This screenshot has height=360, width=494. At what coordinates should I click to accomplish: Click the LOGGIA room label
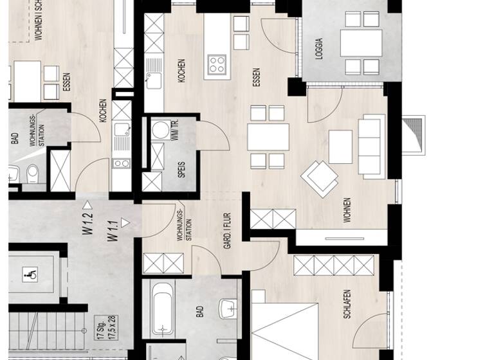(319, 49)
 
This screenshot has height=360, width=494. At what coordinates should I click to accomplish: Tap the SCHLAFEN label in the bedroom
(347, 304)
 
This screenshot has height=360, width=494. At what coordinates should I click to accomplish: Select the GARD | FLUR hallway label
(226, 231)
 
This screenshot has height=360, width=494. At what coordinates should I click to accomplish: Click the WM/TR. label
(174, 130)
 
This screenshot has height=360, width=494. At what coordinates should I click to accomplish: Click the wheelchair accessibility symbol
(30, 274)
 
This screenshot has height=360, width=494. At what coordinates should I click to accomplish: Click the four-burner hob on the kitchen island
(217, 64)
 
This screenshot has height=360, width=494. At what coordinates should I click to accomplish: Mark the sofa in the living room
(370, 146)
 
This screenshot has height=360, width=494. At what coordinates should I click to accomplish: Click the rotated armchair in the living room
(320, 177)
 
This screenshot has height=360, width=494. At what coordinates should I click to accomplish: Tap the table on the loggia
(361, 43)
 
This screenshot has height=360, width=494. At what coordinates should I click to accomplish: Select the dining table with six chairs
(268, 137)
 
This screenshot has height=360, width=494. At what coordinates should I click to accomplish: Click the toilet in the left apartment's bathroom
(32, 174)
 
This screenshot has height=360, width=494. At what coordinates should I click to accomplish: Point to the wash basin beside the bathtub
(228, 309)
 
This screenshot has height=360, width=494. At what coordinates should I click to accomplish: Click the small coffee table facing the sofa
(340, 147)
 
